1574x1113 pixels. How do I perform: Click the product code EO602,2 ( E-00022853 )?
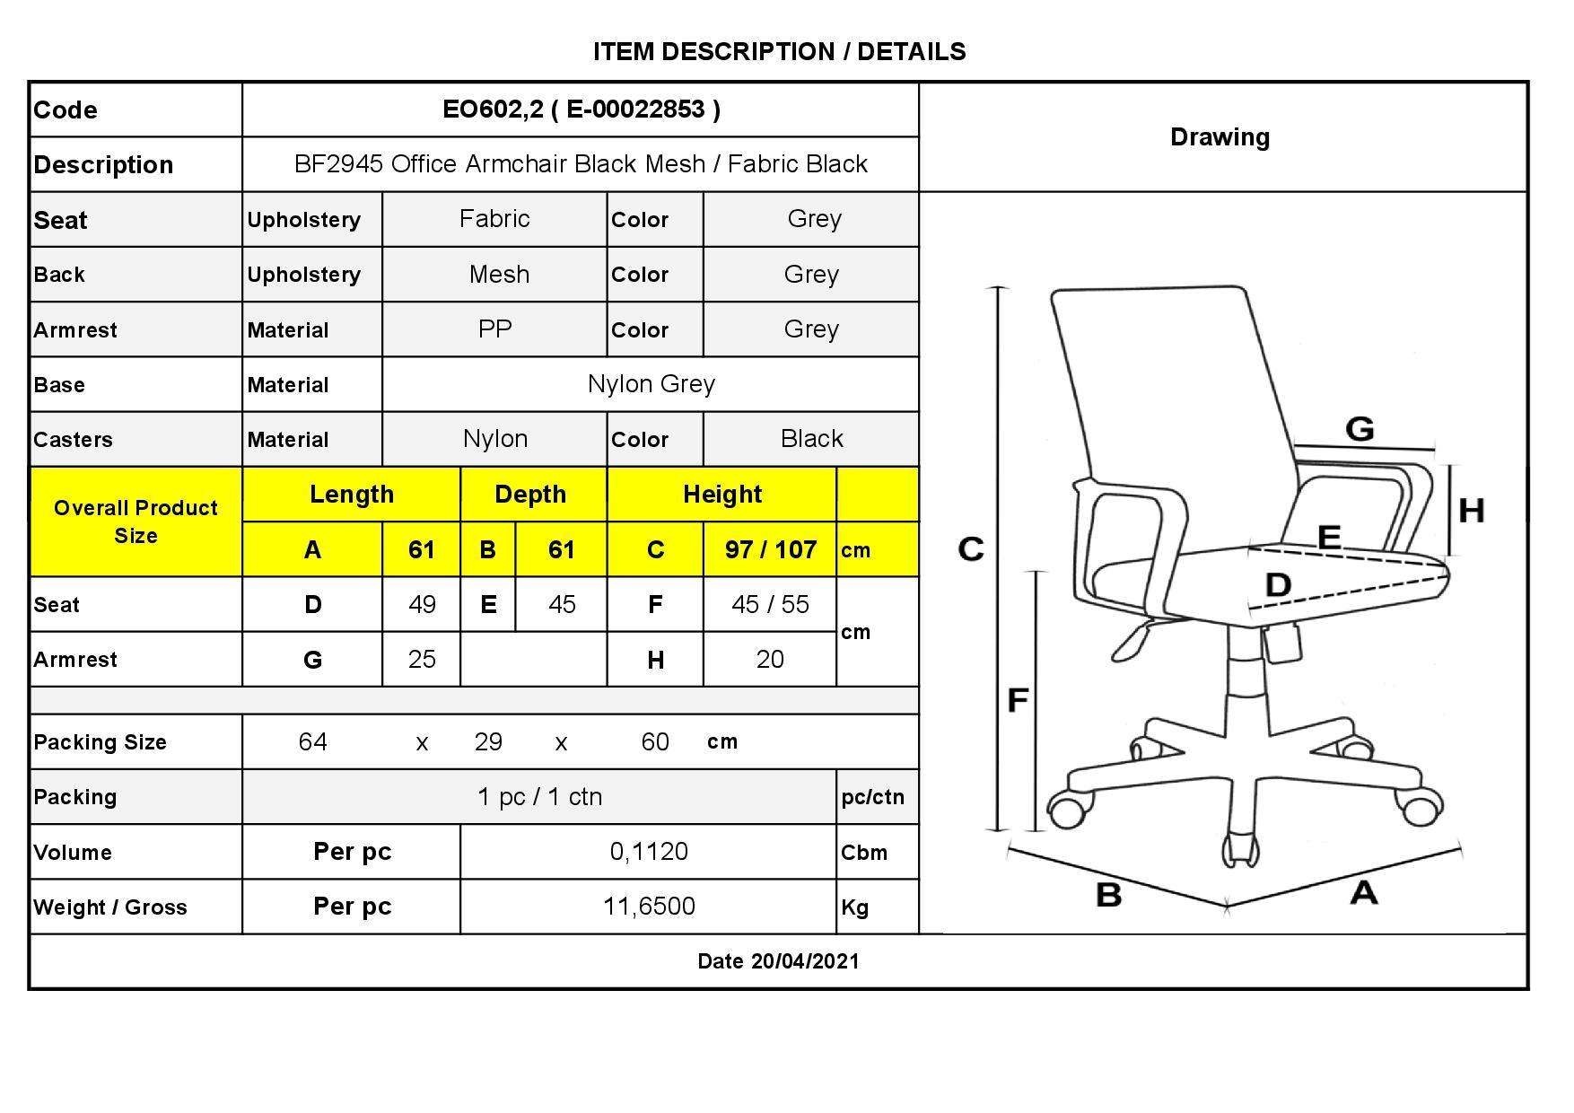[582, 110]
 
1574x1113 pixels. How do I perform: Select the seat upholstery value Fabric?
[494, 219]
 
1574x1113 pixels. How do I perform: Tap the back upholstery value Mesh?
[499, 275]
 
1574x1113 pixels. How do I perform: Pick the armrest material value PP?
[494, 329]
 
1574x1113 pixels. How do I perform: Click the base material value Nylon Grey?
[651, 384]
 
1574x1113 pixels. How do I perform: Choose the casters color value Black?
[812, 439]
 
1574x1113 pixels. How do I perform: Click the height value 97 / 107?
[771, 549]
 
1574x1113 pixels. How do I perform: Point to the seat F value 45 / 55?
[770, 604]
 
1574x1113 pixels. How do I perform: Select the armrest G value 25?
[422, 660]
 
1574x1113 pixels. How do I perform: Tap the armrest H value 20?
[770, 660]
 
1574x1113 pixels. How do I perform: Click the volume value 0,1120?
[649, 852]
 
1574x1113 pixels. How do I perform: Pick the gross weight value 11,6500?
[649, 907]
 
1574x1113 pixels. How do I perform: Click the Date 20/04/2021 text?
[778, 961]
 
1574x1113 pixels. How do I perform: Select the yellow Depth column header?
[530, 495]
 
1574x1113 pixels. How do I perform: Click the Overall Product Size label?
[136, 521]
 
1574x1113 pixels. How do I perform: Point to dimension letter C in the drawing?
[971, 548]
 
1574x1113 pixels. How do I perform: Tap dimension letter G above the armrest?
[1360, 429]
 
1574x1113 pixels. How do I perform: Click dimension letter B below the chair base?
[1109, 895]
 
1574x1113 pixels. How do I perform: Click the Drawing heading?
[1220, 137]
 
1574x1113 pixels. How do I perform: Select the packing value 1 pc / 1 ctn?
[539, 797]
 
